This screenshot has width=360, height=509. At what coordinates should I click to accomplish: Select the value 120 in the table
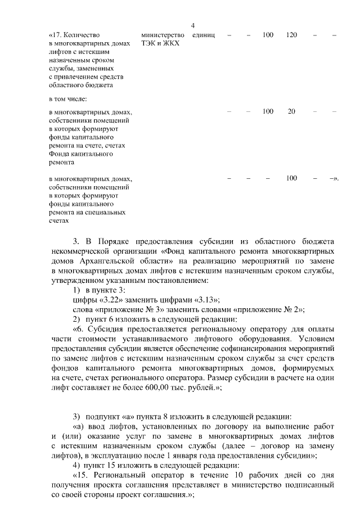(291, 35)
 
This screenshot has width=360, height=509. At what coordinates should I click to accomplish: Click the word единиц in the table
(203, 35)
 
